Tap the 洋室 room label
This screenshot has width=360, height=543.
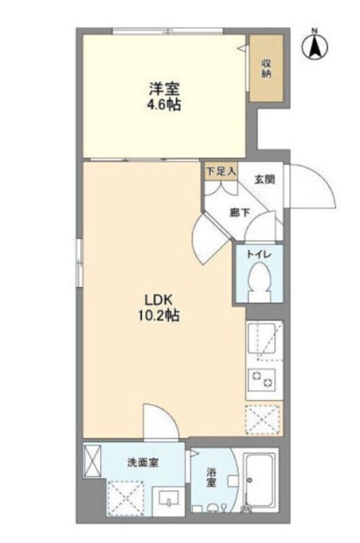pos(163,89)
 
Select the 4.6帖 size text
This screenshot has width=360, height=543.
pos(163,104)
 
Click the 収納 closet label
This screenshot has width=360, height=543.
pos(266,68)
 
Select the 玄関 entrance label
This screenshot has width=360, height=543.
pos(264,179)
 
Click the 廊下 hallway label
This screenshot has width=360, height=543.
pos(240,212)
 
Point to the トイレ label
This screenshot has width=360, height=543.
pos(258,255)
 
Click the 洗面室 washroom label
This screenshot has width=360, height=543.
pos(143,462)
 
